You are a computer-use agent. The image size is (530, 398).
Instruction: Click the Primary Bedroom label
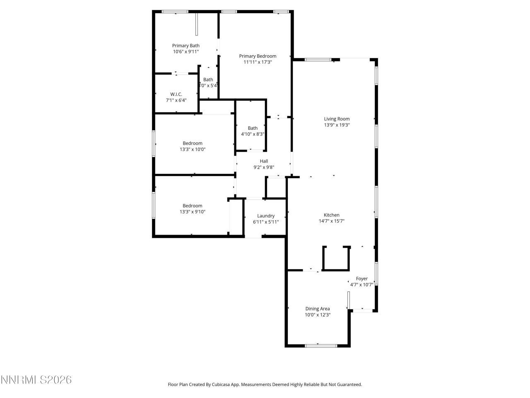[258, 56]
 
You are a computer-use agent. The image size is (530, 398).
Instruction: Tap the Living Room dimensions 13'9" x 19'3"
[337, 125]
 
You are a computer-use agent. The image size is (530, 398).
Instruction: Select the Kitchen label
[331, 215]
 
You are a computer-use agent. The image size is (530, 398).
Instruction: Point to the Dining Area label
[318, 308]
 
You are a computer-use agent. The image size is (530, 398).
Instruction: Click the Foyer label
[361, 279]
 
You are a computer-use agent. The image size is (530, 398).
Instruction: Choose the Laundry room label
[266, 216]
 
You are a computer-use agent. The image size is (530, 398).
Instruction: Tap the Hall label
[264, 161]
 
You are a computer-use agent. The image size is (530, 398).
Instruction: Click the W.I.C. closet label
[176, 94]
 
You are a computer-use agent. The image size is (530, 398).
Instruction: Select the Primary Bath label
[186, 46]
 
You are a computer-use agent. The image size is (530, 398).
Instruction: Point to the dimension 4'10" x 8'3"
[253, 134]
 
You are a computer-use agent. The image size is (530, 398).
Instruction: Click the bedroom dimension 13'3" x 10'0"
[193, 150]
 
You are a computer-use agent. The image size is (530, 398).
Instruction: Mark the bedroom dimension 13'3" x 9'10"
[193, 212]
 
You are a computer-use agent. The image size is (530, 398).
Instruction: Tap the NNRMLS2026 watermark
[36, 380]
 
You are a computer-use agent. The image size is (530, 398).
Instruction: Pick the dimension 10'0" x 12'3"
[318, 315]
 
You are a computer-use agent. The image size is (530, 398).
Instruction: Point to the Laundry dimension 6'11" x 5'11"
[266, 222]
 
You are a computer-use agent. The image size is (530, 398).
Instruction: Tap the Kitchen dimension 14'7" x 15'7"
[331, 221]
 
